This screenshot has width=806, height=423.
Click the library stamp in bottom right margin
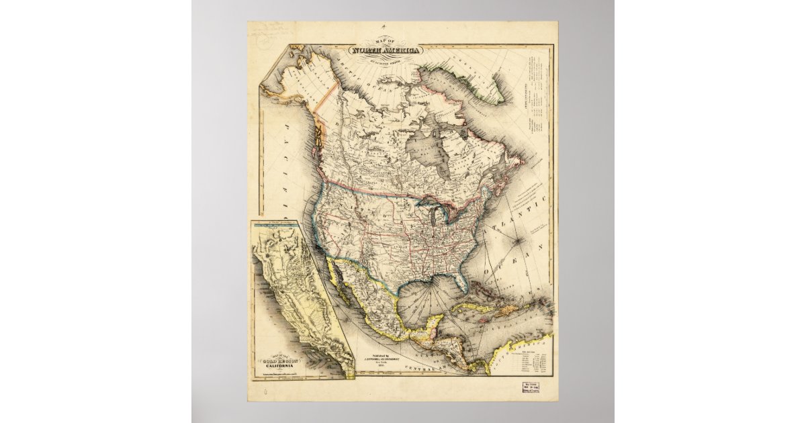(x=537, y=389)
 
